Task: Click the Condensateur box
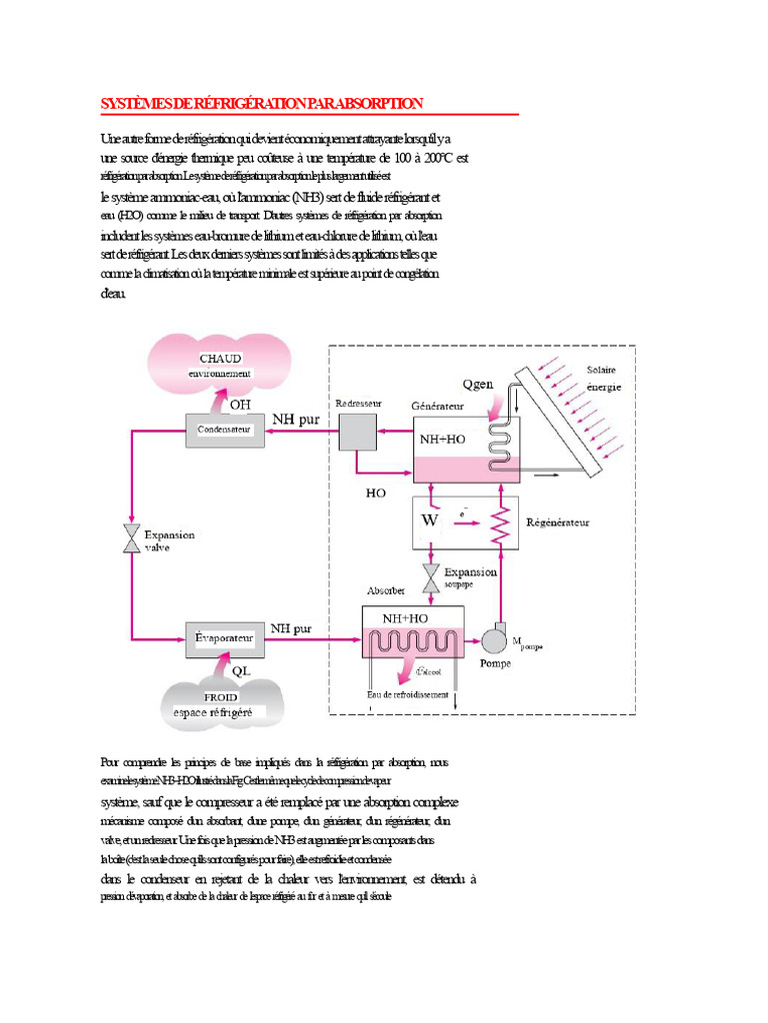click(x=226, y=431)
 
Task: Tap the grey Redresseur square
click(x=355, y=432)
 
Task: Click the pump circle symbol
click(x=495, y=638)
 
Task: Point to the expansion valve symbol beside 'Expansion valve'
click(x=131, y=539)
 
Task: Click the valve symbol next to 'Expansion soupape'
click(x=431, y=577)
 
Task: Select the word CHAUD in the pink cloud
click(x=221, y=359)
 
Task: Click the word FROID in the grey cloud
click(x=220, y=698)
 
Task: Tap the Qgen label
click(x=479, y=384)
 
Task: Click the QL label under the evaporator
click(x=242, y=671)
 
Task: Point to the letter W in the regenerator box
click(x=431, y=520)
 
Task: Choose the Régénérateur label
click(x=557, y=521)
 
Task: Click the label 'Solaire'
click(x=601, y=370)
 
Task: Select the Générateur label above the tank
click(x=439, y=407)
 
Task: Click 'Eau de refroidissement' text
click(x=408, y=695)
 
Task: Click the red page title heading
click(x=263, y=103)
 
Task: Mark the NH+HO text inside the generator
click(x=444, y=438)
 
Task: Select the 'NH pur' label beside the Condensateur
click(x=297, y=421)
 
